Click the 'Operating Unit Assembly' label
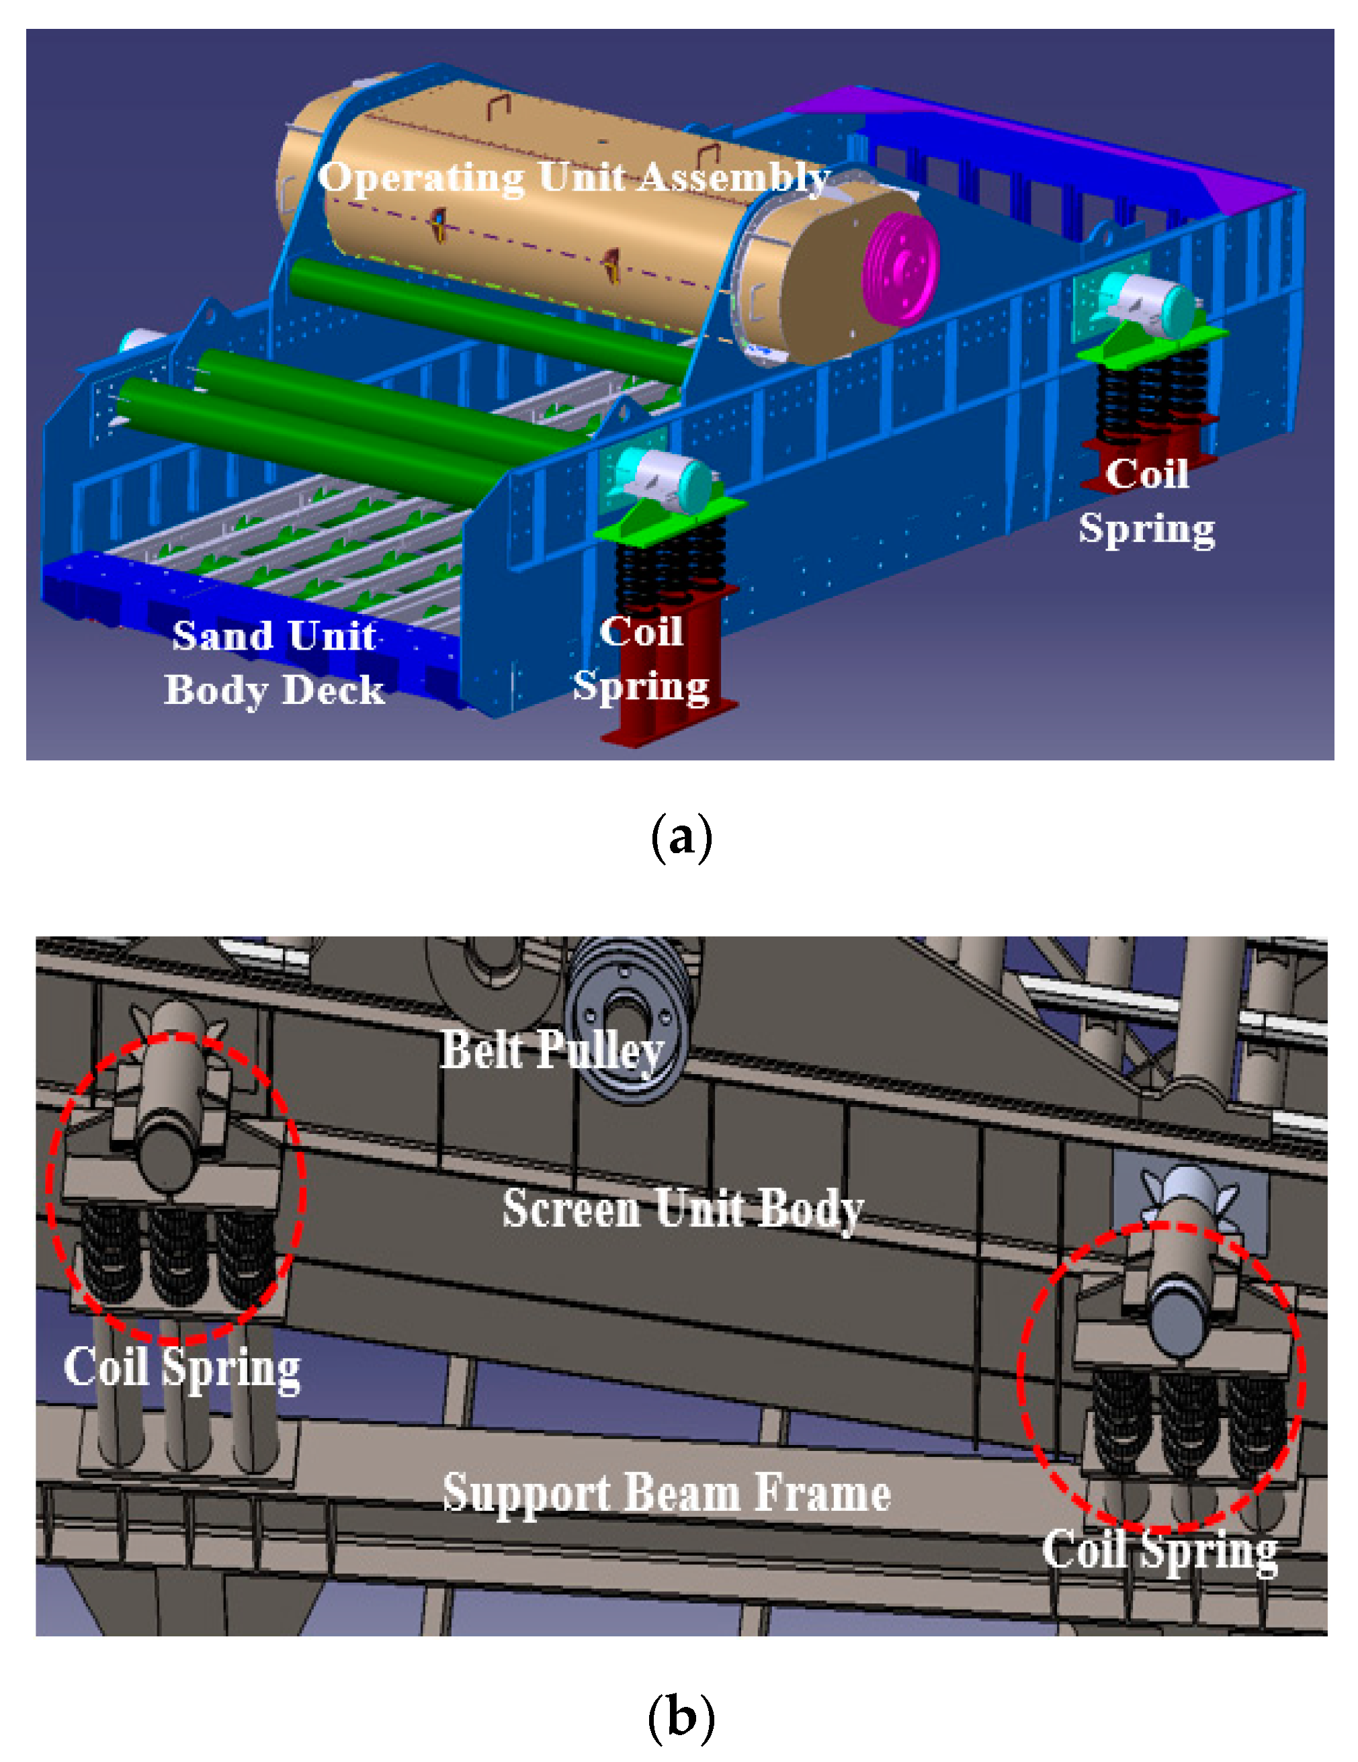(x=574, y=177)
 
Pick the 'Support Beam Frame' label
(x=667, y=1493)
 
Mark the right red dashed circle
(x=1160, y=1376)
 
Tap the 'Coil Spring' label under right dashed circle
(x=1160, y=1550)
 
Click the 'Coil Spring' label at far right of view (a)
(x=1146, y=502)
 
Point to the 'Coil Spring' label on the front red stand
(x=642, y=659)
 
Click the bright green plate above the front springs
(x=670, y=517)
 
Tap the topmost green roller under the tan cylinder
(x=493, y=314)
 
